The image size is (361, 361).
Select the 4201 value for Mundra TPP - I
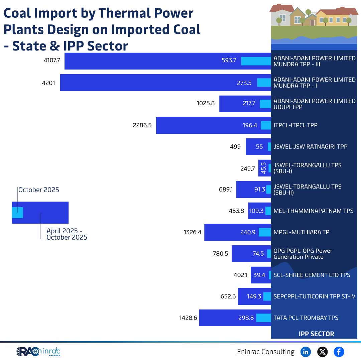tap(48, 83)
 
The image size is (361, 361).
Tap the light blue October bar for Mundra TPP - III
tap(256, 61)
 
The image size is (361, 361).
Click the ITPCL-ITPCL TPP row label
tap(295, 125)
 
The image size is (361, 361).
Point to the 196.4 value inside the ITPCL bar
tap(250, 125)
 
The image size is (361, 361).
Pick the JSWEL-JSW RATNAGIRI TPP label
tap(311, 146)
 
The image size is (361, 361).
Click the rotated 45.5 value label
tap(263, 168)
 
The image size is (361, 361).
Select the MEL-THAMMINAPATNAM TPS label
tap(313, 211)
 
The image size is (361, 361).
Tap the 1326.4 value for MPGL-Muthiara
tap(193, 232)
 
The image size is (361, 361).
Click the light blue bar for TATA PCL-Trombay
tap(263, 318)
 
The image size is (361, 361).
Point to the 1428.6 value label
tap(188, 318)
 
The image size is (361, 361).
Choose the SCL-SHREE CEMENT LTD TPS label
tap(312, 275)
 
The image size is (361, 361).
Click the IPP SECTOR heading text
tap(316, 334)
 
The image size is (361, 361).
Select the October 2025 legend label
tap(39, 190)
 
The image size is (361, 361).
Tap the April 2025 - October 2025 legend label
tap(67, 234)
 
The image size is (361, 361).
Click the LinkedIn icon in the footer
tap(306, 352)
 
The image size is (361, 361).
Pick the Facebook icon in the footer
tap(339, 352)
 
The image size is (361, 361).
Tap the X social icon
tap(322, 352)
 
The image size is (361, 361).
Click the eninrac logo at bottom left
tap(38, 352)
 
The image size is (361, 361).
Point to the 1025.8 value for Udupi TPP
tap(206, 104)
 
